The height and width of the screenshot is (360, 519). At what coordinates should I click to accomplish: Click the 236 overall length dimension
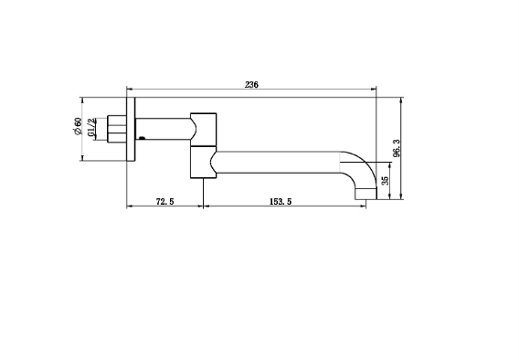pos(251,85)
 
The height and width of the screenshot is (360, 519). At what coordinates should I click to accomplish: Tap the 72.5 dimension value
pos(164,201)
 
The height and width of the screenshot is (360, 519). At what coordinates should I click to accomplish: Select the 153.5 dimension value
pos(281,201)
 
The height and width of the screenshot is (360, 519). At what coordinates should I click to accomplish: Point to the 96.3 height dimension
pos(397,148)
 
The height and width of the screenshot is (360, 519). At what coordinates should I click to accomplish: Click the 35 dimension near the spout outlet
pos(385,181)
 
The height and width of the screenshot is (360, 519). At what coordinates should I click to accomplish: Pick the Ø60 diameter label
pos(77,126)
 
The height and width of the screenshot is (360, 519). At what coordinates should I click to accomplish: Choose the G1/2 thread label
pos(91,127)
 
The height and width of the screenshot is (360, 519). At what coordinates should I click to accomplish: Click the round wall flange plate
pos(131,130)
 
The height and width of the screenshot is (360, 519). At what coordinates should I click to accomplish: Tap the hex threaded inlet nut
pos(117,129)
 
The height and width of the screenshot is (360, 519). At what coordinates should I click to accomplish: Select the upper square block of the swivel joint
pos(203,130)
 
